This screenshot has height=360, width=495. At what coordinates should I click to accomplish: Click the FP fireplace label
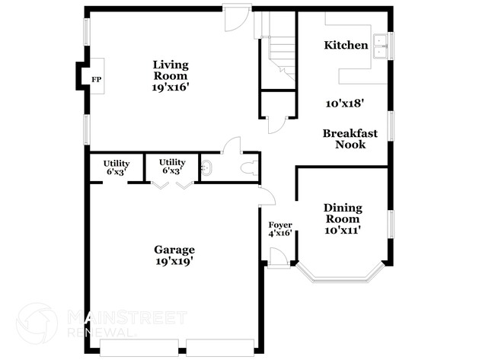tap(97, 79)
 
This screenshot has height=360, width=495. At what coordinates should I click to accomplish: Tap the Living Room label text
tap(170, 70)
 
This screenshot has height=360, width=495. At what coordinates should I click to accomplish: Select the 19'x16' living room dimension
tap(170, 88)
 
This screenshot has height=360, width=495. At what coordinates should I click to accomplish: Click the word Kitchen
tap(346, 46)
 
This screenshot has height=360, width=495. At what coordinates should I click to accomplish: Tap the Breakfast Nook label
tap(350, 139)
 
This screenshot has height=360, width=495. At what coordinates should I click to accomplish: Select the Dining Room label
tap(343, 214)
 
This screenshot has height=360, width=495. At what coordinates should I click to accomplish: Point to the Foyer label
tap(279, 225)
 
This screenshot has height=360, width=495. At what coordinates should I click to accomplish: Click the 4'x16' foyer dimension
tap(279, 234)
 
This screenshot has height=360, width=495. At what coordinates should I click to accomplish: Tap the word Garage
tap(174, 250)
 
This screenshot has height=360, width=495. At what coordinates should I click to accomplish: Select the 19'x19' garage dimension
tap(174, 261)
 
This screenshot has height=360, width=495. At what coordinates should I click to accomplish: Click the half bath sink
tap(206, 167)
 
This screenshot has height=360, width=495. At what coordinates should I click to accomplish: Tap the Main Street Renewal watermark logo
tap(37, 323)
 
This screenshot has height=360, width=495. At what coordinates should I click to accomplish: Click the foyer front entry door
tap(279, 260)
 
